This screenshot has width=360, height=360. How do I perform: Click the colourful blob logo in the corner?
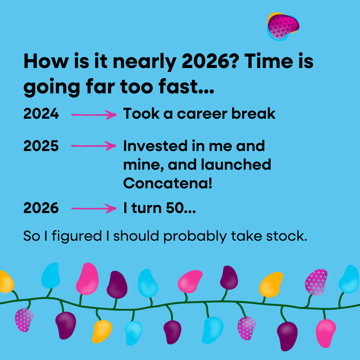coord(283,27)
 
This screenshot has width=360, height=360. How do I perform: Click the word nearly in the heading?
coord(145,62)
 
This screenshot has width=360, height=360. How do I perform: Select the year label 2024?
coord(41,113)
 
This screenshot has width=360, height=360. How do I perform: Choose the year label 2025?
coord(41,146)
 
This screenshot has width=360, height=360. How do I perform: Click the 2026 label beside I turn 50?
coord(41,208)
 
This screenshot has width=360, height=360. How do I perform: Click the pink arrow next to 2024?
coord(94,115)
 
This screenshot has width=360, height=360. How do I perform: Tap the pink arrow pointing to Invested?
coord(94,146)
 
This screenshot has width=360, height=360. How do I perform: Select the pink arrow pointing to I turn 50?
coord(94,208)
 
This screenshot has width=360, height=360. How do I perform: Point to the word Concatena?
coord(168,183)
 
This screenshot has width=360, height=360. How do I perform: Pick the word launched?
coord(236,164)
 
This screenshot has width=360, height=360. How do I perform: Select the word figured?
coord(77,236)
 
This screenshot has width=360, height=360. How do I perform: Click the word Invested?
coord(155,146)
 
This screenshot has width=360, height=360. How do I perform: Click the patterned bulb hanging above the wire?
coord(316,282)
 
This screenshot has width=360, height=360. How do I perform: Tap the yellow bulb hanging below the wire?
coord(102,331)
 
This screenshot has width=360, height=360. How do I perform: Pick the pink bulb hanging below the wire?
coord(326,333)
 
